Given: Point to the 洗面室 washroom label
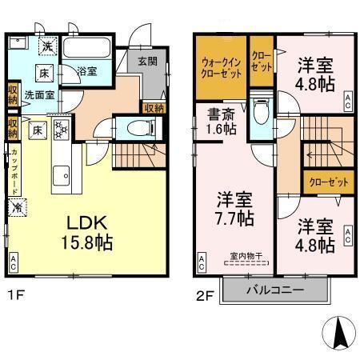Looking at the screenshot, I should click(x=38, y=94).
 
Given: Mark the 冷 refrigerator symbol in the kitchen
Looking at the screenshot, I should click(x=18, y=207).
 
